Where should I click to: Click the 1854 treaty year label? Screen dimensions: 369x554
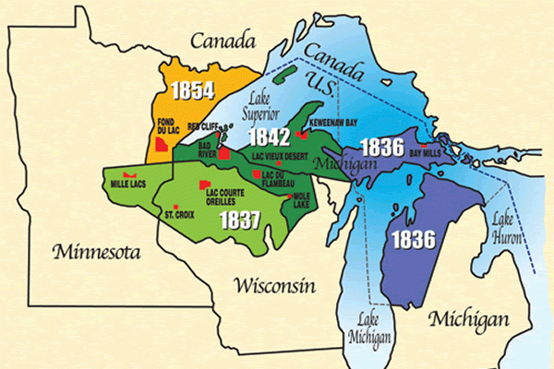click(193, 90)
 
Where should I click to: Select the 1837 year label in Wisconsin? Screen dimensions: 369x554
click(239, 220)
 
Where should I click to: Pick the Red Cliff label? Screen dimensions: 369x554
click(205, 126)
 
